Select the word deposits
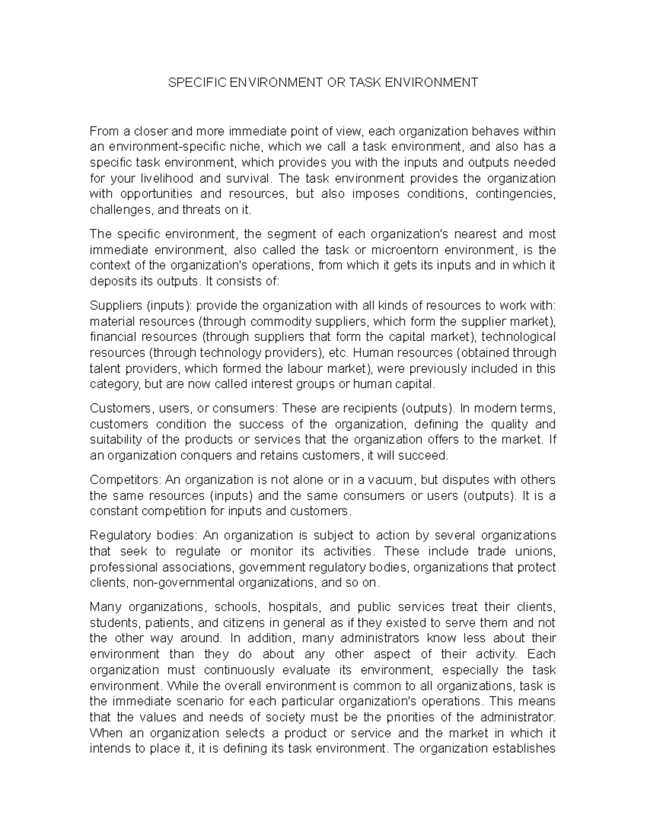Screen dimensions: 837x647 coord(111,281)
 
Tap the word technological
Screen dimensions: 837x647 coord(518,337)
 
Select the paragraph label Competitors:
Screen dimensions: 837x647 coord(126,480)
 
